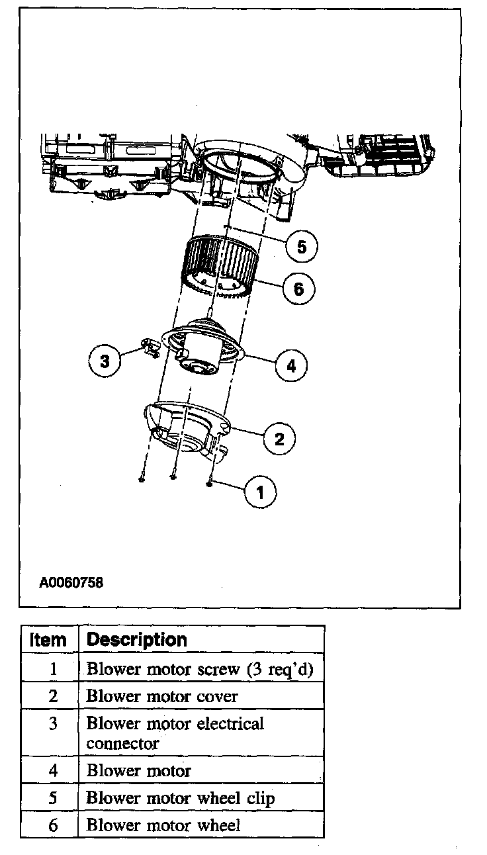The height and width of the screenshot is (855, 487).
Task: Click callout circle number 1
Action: pyautogui.click(x=260, y=492)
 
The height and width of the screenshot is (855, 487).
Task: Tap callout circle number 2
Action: pyautogui.click(x=279, y=438)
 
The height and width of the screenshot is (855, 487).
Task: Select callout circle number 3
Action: pyautogui.click(x=105, y=361)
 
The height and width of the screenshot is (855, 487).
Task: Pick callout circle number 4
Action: pyautogui.click(x=292, y=365)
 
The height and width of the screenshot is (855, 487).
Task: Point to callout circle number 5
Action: pyautogui.click(x=302, y=247)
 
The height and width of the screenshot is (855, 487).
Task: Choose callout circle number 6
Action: pyautogui.click(x=298, y=289)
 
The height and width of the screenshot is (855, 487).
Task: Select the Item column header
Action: pyautogui.click(x=48, y=640)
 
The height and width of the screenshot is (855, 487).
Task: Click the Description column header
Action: pyautogui.click(x=137, y=640)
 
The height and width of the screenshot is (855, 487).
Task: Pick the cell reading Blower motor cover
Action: pyautogui.click(x=161, y=696)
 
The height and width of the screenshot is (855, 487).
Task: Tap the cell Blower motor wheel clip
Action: pyautogui.click(x=180, y=798)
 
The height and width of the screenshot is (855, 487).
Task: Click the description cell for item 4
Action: pyautogui.click(x=139, y=771)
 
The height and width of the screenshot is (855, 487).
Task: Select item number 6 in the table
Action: pyautogui.click(x=54, y=825)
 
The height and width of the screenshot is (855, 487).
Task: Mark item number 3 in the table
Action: pyautogui.click(x=54, y=724)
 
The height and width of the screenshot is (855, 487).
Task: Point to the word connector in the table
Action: pyautogui.click(x=122, y=743)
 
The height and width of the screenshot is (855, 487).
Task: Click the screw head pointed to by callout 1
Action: pyautogui.click(x=209, y=484)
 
